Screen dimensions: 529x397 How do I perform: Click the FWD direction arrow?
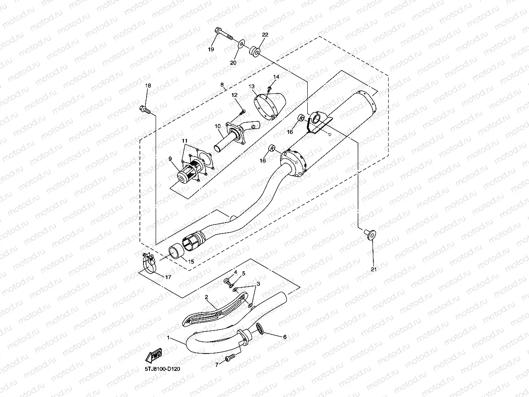pyautogui.click(x=153, y=355)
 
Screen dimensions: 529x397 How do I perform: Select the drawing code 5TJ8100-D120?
pyautogui.click(x=163, y=369)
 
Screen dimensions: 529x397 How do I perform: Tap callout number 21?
pyautogui.click(x=373, y=270)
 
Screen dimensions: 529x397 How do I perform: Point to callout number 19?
pyautogui.click(x=211, y=50)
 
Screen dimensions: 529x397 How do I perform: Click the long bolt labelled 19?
pyautogui.click(x=223, y=34)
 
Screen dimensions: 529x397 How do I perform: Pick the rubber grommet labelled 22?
pyautogui.click(x=254, y=52)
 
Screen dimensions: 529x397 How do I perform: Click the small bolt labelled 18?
pyautogui.click(x=145, y=110)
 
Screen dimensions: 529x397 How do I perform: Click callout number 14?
pyautogui.click(x=276, y=77)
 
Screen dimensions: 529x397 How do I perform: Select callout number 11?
pyautogui.click(x=185, y=141)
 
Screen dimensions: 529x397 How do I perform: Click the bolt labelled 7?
pyautogui.click(x=230, y=358)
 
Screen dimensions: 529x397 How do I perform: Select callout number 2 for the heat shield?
pyautogui.click(x=206, y=297)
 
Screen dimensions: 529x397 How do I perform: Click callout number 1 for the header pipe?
pyautogui.click(x=169, y=338)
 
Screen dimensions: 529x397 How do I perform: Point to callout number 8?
pyautogui.click(x=222, y=85)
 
